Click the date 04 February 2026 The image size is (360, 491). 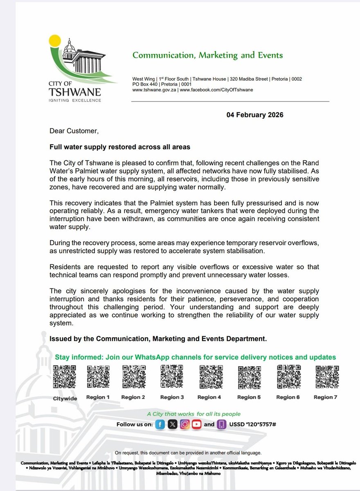click(x=255, y=115)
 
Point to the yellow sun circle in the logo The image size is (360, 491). click(x=54, y=41)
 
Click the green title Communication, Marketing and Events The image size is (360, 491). click(x=207, y=55)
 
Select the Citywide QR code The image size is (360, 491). click(x=65, y=377)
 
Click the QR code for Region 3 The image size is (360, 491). click(x=172, y=376)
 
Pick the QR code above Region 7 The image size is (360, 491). click(x=326, y=376)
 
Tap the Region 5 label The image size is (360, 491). click(x=249, y=397)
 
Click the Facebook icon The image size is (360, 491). click(x=160, y=425)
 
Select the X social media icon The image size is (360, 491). click(x=173, y=425)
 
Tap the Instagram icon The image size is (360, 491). click(x=185, y=425)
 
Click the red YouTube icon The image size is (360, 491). click(x=197, y=425)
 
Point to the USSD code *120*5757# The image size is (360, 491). click(x=252, y=425)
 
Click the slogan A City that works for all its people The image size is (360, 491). click(x=194, y=414)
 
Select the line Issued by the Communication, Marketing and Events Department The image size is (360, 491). click(x=158, y=339)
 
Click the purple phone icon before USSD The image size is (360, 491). click(x=221, y=425)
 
